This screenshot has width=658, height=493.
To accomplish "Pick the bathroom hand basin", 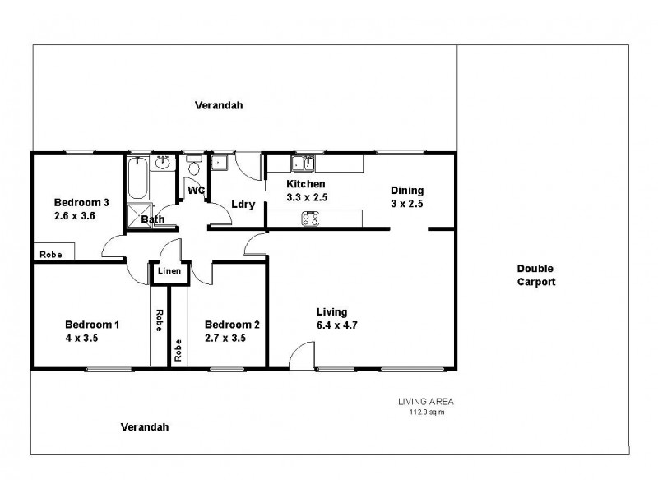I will pyautogui.click(x=163, y=162).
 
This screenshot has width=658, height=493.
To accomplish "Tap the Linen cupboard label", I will pyautogui.click(x=169, y=270).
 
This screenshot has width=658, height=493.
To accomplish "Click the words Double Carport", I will pyautogui.click(x=536, y=275).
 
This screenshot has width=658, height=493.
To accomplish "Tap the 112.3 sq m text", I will pyautogui.click(x=426, y=412).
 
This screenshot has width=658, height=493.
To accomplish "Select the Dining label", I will pyautogui.click(x=406, y=190).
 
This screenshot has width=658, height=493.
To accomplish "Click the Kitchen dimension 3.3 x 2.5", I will pyautogui.click(x=305, y=197).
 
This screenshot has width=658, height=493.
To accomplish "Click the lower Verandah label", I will pyautogui.click(x=145, y=426).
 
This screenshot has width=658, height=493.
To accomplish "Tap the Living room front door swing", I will pyautogui.click(x=301, y=355).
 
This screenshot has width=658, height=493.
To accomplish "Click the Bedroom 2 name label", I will pyautogui.click(x=232, y=325).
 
